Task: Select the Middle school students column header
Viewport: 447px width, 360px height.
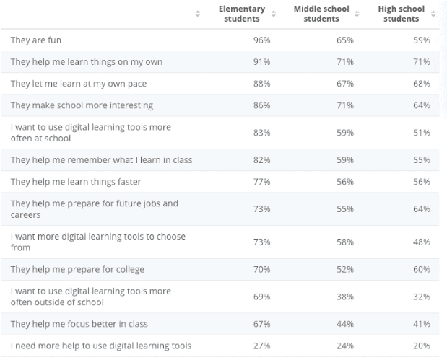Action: (321, 14)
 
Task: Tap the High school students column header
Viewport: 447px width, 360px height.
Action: (401, 14)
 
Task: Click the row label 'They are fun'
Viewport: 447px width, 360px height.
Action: (35, 40)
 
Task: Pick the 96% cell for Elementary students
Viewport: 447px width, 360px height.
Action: (261, 40)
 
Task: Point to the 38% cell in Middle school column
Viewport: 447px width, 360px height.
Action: (345, 297)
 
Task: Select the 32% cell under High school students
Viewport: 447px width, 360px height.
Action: (422, 297)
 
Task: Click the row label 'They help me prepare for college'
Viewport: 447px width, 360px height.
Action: (77, 269)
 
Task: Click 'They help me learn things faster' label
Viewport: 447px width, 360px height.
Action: (76, 181)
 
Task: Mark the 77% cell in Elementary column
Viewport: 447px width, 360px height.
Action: (261, 181)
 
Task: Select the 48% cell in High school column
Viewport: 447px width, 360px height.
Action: (422, 242)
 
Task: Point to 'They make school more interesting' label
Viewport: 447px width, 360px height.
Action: (82, 105)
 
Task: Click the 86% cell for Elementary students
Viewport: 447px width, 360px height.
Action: (261, 105)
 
